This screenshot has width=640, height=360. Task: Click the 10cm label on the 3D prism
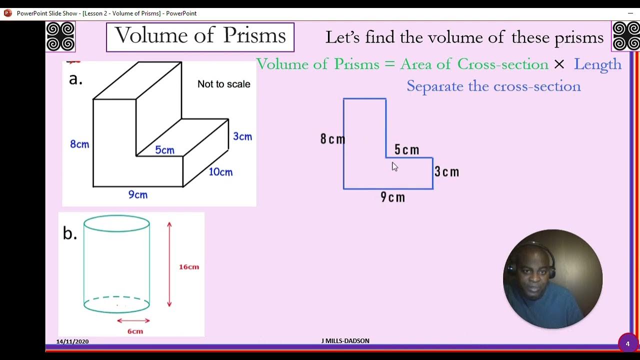tap(220, 172)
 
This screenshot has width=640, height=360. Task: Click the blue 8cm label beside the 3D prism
tap(79, 144)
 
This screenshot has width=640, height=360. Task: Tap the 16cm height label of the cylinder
tap(189, 267)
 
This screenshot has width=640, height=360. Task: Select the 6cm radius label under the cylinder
tap(135, 331)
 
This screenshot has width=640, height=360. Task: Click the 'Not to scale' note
tap(223, 84)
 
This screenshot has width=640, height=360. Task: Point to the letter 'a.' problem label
tap(75, 79)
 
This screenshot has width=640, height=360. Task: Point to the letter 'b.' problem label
tap(70, 233)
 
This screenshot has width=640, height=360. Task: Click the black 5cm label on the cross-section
tap(406, 149)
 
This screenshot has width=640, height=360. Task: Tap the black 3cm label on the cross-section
tap(446, 172)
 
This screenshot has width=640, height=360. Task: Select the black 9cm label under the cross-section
tap(392, 197)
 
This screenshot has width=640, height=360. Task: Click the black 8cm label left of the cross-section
tap(332, 139)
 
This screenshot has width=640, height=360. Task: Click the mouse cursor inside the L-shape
tap(394, 166)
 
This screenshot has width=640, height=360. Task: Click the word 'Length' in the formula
tap(597, 64)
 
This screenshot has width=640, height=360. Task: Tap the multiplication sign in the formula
tap(559, 64)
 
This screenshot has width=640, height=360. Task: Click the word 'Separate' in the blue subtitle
tap(435, 86)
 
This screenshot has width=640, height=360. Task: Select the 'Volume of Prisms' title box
tap(200, 37)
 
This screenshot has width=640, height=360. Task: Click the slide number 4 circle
tap(627, 343)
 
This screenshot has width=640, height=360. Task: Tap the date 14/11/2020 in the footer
tap(72, 341)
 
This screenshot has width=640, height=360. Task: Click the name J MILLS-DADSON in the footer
tap(345, 341)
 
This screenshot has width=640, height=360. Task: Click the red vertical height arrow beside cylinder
tap(169, 264)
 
